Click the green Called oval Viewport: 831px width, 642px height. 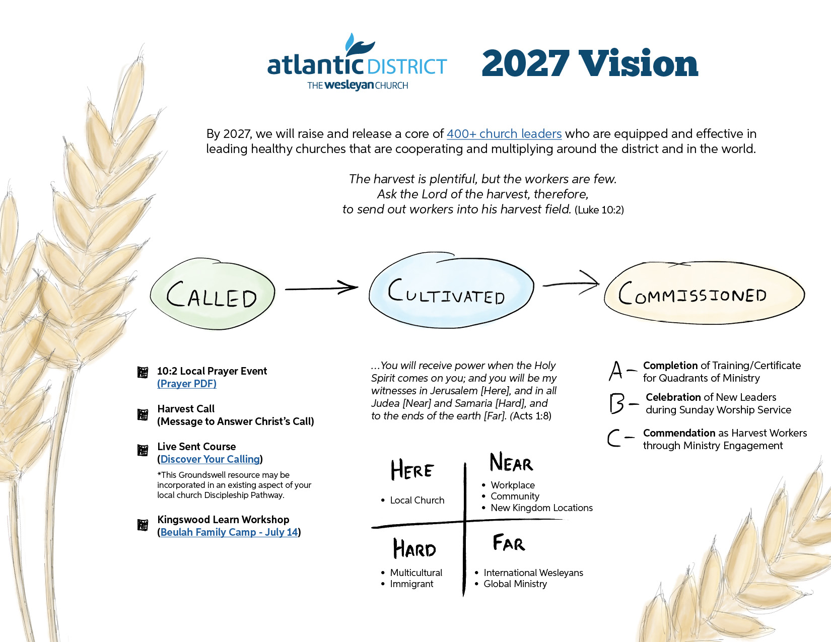tap(213, 294)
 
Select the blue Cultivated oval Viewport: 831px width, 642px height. tap(451, 290)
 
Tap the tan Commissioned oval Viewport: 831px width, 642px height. tap(704, 293)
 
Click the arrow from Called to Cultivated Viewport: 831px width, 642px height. tap(321, 288)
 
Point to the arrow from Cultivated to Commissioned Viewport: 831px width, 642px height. tap(571, 283)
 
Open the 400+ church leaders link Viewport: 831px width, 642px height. tap(504, 134)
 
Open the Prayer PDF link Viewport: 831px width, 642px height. tap(187, 384)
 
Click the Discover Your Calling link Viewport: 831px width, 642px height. tap(210, 459)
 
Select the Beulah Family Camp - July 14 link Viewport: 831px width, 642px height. tap(229, 532)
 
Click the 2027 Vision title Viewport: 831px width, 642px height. tap(590, 63)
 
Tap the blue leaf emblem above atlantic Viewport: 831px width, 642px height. tap(359, 45)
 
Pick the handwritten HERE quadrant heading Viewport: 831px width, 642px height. tap(412, 470)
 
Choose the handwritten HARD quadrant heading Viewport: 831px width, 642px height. tap(414, 548)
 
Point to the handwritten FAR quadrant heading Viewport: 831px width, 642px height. tap(509, 543)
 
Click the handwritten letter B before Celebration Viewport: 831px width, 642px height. tap(617, 403)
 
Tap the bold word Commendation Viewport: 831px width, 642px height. tap(679, 433)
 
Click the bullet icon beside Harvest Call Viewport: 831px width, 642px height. tap(143, 414)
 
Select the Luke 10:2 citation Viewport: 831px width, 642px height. tap(599, 210)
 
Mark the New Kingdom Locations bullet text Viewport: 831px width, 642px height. tap(541, 508)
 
